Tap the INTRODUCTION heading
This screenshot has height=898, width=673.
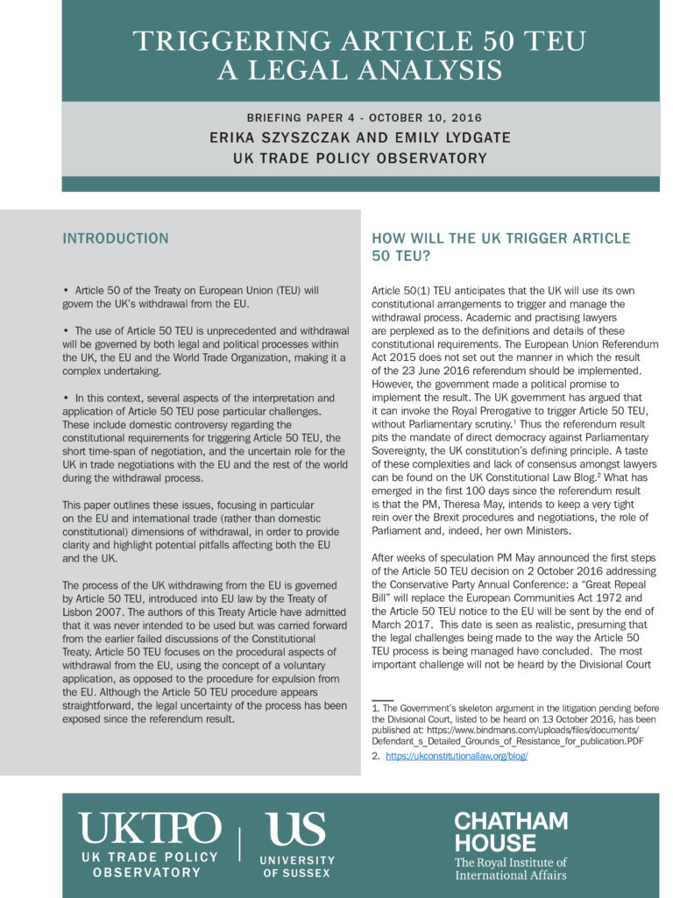[x=115, y=238]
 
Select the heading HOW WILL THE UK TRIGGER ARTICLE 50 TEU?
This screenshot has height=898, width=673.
[x=500, y=246]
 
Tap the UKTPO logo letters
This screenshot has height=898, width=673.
[x=150, y=829]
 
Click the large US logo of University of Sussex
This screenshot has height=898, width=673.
[x=297, y=829]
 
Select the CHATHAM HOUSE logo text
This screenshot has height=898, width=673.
[x=511, y=831]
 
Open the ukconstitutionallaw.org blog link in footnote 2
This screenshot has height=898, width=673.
[x=457, y=755]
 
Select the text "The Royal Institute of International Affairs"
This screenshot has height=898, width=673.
[x=510, y=867]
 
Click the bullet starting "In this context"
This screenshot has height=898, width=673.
[x=202, y=398]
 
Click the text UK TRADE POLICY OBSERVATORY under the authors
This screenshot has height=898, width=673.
[x=359, y=159]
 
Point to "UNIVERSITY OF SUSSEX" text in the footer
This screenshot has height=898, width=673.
[x=297, y=866]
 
